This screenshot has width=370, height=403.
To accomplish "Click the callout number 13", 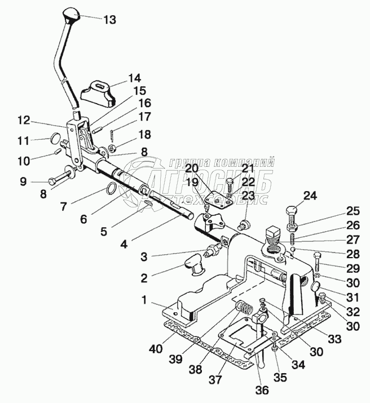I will click(109, 19).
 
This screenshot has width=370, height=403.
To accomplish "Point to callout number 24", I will click(310, 196).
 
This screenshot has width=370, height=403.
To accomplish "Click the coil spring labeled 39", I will click(243, 309).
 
